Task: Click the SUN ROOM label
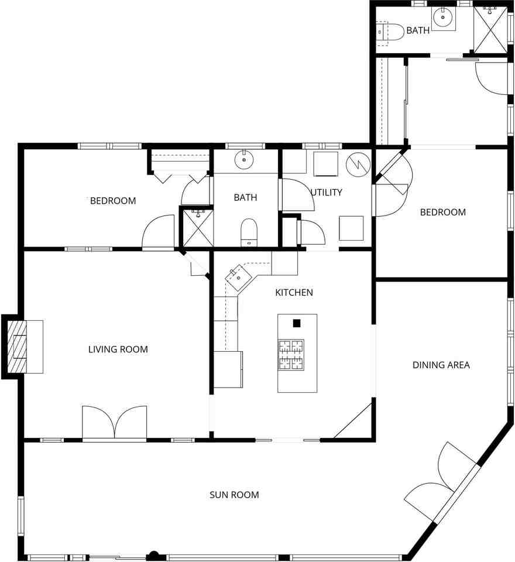(x=234, y=495)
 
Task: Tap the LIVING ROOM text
(x=118, y=349)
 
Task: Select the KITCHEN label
(x=294, y=293)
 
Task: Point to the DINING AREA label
(x=441, y=365)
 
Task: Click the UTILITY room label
(x=326, y=193)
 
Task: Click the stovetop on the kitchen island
(x=291, y=355)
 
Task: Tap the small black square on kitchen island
(x=296, y=323)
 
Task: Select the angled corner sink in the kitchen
(x=239, y=277)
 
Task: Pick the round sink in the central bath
(x=244, y=160)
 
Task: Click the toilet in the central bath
(x=249, y=232)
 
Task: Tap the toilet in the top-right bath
(x=390, y=32)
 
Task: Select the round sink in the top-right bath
(x=443, y=17)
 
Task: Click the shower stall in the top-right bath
(x=490, y=30)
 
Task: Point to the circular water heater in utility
(x=358, y=165)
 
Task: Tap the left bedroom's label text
(x=113, y=201)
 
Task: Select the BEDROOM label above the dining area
(x=443, y=212)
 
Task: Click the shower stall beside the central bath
(x=198, y=228)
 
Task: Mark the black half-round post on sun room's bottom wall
(x=153, y=556)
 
